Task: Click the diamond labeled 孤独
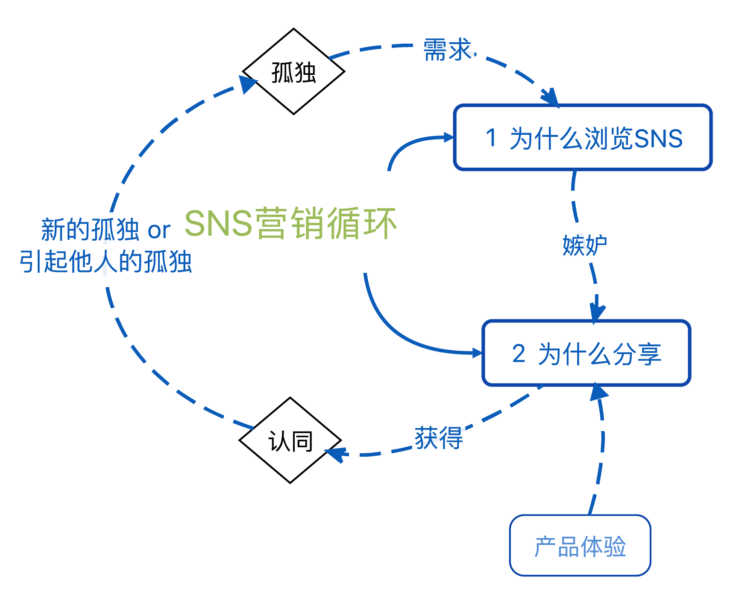[293, 72]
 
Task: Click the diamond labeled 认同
[290, 440]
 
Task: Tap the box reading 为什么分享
[586, 353]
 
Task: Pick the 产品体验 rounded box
[580, 546]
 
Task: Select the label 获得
[439, 438]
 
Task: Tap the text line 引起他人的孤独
[106, 262]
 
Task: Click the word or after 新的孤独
[159, 231]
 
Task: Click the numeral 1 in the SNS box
[491, 138]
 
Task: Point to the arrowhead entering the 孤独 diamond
[247, 83]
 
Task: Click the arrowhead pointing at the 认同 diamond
[336, 454]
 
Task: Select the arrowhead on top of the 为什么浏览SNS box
[550, 97]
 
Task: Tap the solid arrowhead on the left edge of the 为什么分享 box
[477, 353]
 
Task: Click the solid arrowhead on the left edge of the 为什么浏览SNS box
[449, 137]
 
